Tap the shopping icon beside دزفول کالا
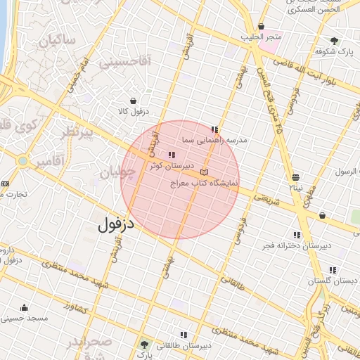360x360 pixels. click(134, 100)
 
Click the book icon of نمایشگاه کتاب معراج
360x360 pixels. click(204, 172)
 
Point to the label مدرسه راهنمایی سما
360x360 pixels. click(215, 141)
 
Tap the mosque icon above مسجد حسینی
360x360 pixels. click(25, 307)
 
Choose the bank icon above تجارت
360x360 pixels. click(6, 184)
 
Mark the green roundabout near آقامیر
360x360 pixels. click(23, 161)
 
